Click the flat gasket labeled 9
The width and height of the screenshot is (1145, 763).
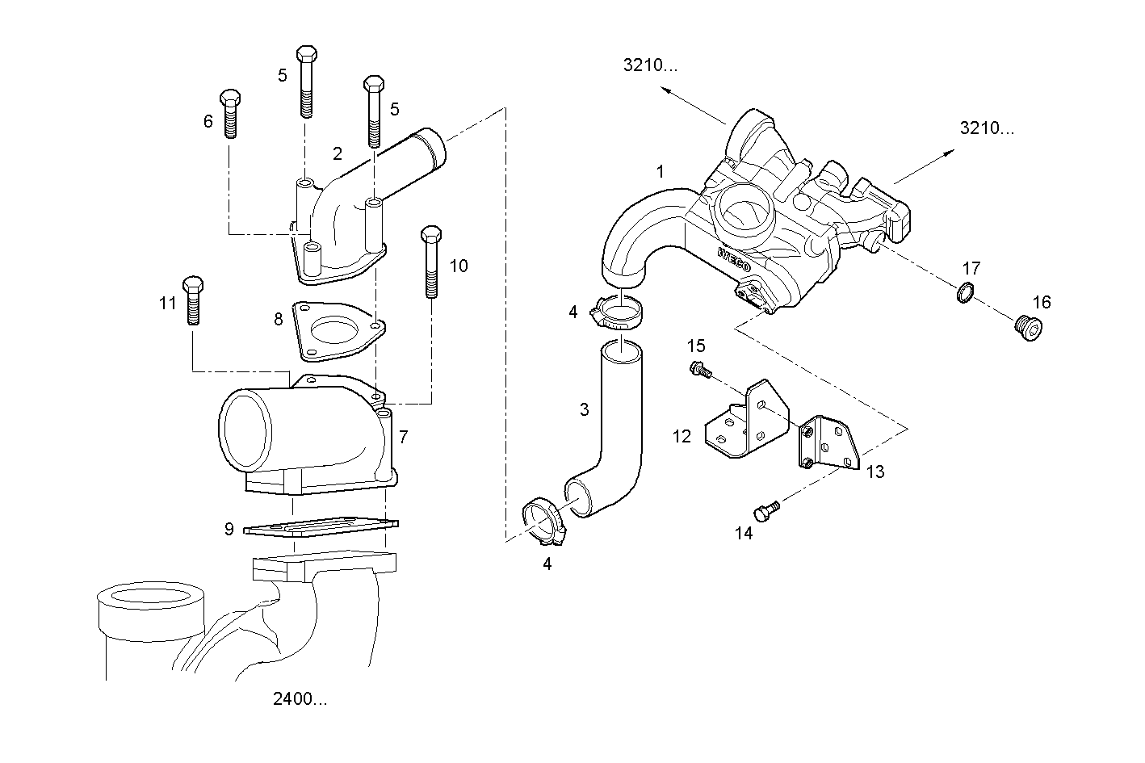pos(321,526)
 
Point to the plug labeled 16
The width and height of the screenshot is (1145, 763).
pos(1027,329)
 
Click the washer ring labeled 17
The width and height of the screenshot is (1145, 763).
pos(965,293)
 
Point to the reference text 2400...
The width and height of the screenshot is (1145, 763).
pos(300,699)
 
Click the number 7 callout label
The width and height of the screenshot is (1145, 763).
pos(403,437)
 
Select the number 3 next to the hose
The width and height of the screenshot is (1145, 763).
pos(585,409)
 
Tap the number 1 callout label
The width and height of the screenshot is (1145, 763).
pos(661,171)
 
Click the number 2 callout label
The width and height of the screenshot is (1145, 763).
pos(338,153)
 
